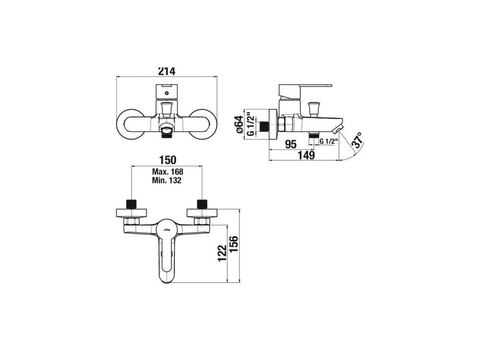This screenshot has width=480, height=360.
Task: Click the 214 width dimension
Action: (166, 71)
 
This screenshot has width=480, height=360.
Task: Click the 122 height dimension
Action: (222, 253)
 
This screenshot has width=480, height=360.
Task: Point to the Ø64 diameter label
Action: (239, 125)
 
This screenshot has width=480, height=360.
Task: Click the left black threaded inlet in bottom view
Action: (132, 204)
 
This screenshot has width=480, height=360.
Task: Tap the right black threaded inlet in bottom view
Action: (202, 204)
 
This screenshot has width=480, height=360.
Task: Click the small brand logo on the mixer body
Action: (167, 230)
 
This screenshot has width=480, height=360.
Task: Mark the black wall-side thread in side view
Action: (266, 126)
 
